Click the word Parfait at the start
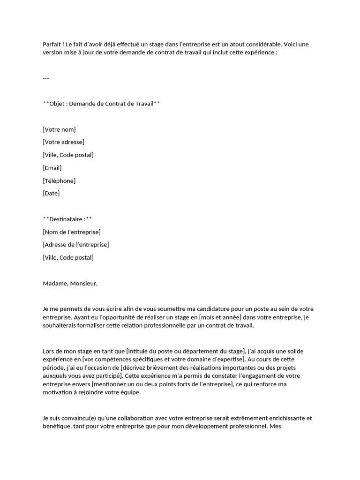pyautogui.click(x=52, y=44)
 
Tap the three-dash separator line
pyautogui.click(x=46, y=78)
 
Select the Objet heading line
pyautogui.click(x=101, y=104)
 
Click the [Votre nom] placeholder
pyautogui.click(x=59, y=129)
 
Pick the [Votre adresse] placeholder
pyautogui.click(x=63, y=142)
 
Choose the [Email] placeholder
pyautogui.click(x=52, y=168)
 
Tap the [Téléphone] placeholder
pyautogui.click(x=59, y=180)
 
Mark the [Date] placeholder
pyautogui.click(x=51, y=193)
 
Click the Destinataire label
pyautogui.click(x=67, y=219)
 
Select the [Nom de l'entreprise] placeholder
pyautogui.click(x=72, y=232)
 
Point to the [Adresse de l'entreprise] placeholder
pyautogui.click(x=76, y=245)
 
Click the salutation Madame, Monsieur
pyautogui.click(x=70, y=283)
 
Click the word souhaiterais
pyautogui.click(x=60, y=326)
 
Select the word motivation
pyautogui.click(x=58, y=393)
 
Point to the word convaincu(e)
pyautogui.click(x=76, y=418)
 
